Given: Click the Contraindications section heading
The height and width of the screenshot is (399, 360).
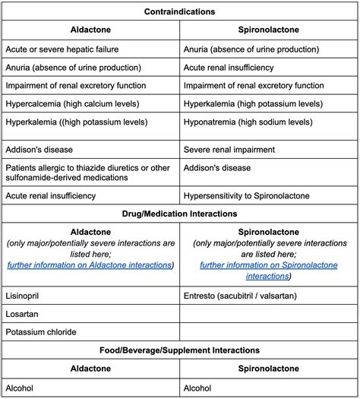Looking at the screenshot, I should click(x=180, y=12).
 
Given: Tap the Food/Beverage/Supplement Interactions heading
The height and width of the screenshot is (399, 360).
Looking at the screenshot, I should click(x=180, y=350).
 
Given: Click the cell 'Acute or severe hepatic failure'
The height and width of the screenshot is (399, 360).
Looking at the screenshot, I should click(x=65, y=49).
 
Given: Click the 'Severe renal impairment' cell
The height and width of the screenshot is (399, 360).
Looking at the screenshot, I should click(x=234, y=149).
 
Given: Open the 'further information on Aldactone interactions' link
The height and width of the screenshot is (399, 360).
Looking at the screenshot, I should click(x=90, y=265).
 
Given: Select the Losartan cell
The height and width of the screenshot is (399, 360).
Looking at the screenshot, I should click(x=24, y=312).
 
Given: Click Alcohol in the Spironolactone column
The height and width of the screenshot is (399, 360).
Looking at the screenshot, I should click(x=199, y=388).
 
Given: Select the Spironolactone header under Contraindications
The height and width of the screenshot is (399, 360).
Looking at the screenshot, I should click(x=269, y=31).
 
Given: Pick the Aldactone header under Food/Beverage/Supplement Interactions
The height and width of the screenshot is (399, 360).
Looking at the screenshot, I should click(x=90, y=369).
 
